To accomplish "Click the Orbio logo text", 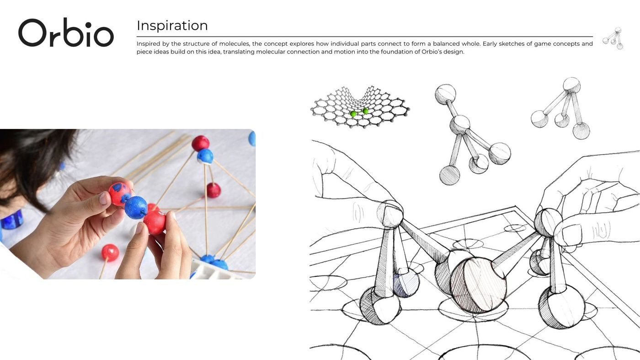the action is tap(66, 32).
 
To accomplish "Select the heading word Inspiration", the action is tap(172, 26).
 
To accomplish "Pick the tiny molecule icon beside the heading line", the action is tap(613, 38).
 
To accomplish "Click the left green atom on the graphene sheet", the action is tap(353, 114).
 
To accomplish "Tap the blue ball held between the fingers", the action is tap(136, 207).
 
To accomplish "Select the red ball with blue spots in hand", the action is tap(120, 194).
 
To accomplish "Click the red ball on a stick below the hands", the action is tap(110, 253).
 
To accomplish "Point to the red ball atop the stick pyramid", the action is tap(200, 143).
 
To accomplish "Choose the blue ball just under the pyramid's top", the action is tap(205, 156).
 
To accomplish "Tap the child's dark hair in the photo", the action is tap(32, 160).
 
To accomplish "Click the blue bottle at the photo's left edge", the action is tap(12, 220).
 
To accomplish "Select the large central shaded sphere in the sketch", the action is tap(478, 285).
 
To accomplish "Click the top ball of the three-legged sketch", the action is tap(572, 85).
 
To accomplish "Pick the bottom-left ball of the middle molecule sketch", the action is tap(450, 175).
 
